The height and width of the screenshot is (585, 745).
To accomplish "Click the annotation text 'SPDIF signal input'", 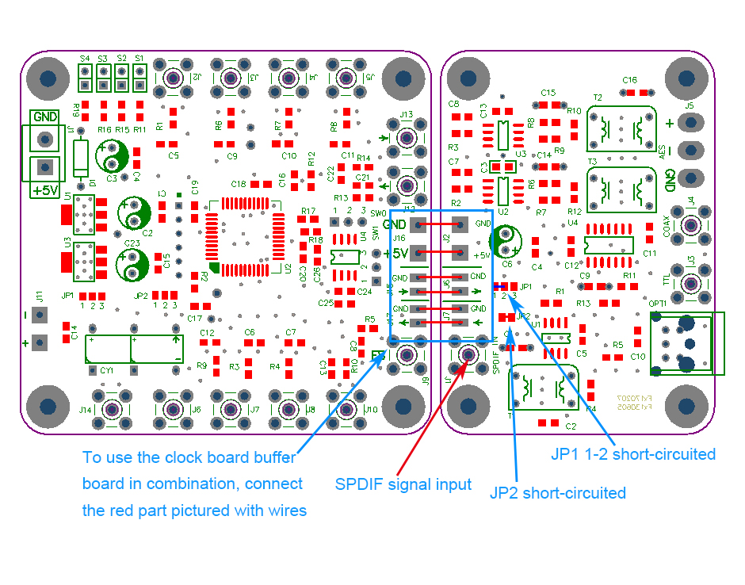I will click(x=403, y=484).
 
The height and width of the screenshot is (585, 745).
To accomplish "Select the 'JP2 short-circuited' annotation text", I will click(x=558, y=493).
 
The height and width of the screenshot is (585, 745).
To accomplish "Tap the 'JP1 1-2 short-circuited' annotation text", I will click(x=633, y=454).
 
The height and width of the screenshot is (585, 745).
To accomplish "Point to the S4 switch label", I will click(x=84, y=59).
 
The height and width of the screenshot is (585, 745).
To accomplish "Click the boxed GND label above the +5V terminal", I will click(x=44, y=117).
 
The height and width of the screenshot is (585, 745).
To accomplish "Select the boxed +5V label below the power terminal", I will click(x=45, y=190).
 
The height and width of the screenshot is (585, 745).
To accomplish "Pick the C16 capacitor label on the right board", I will click(x=630, y=80).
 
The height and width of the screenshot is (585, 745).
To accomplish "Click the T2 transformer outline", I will click(x=623, y=128).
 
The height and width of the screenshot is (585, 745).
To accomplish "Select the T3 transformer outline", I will click(x=623, y=189).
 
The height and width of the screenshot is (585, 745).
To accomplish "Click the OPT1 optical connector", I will click(x=686, y=343).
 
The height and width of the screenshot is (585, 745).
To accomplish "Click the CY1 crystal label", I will click(x=107, y=370).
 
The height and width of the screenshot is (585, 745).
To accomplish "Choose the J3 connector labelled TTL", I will click(x=691, y=283).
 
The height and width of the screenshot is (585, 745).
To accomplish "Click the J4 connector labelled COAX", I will click(x=691, y=225).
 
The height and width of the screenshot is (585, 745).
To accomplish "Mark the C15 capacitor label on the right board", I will click(x=548, y=92).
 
